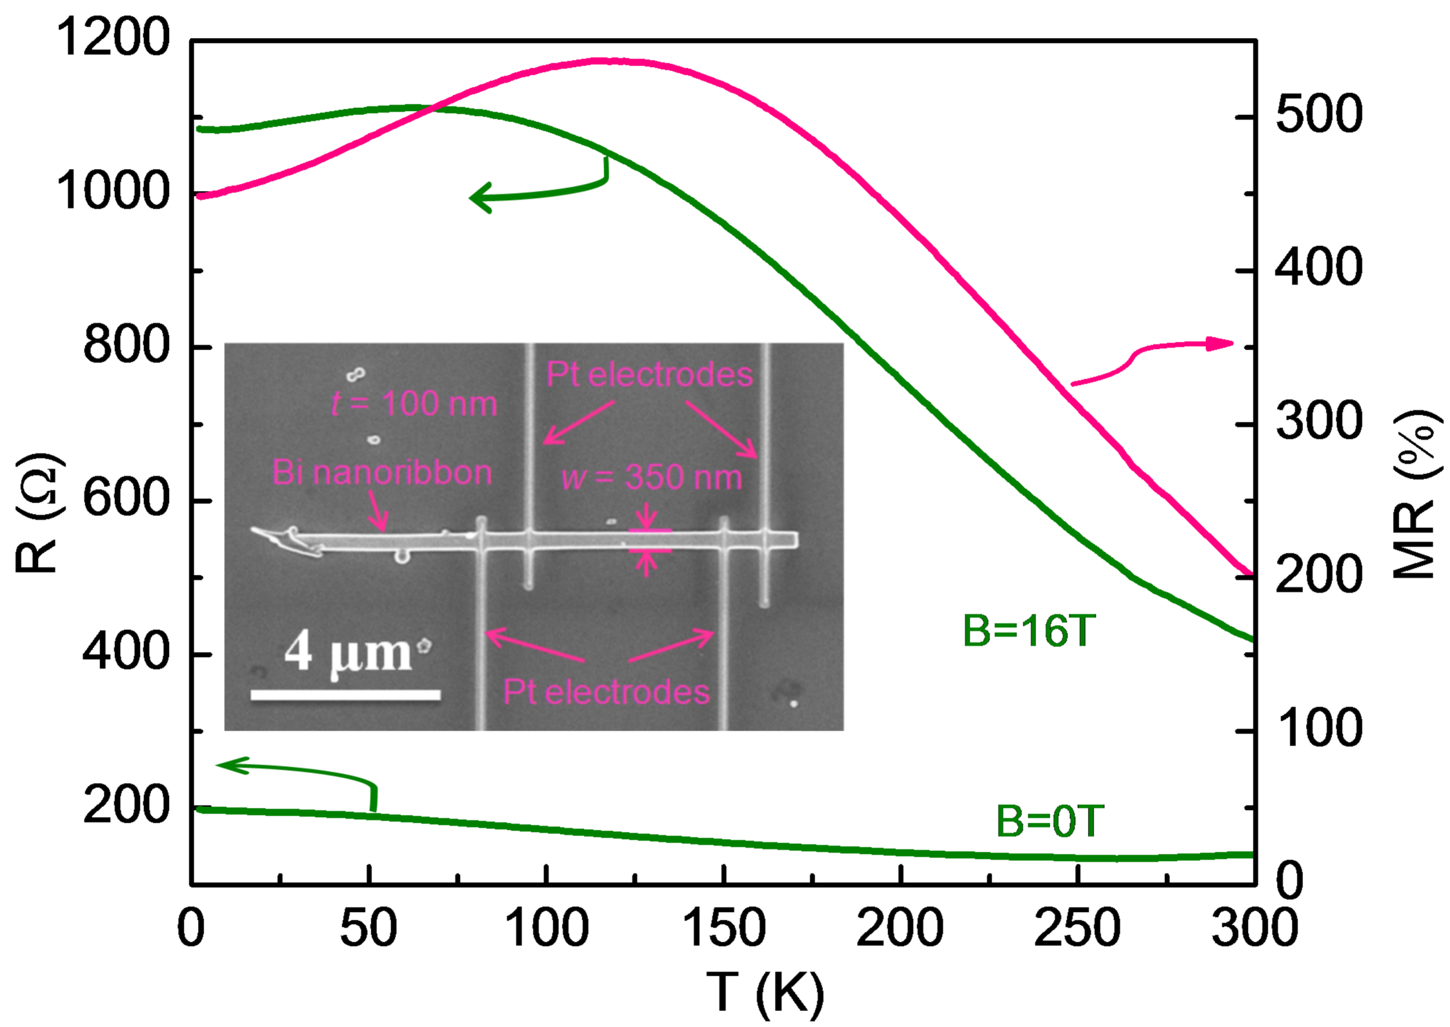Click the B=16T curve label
(x=1029, y=631)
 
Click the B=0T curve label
(x=1050, y=822)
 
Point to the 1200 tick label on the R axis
(x=114, y=37)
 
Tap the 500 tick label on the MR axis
(x=1319, y=114)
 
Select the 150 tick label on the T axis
(x=723, y=928)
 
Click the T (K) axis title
(x=765, y=993)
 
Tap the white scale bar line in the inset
(x=346, y=695)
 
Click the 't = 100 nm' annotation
(x=414, y=404)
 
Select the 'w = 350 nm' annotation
(x=652, y=478)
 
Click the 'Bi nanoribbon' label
(x=382, y=472)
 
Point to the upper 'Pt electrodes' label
(x=649, y=374)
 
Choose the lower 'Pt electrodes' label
(x=606, y=692)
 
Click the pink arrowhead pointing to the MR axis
(x=1220, y=343)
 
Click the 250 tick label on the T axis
(x=1077, y=928)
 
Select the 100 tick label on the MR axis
(x=1319, y=729)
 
